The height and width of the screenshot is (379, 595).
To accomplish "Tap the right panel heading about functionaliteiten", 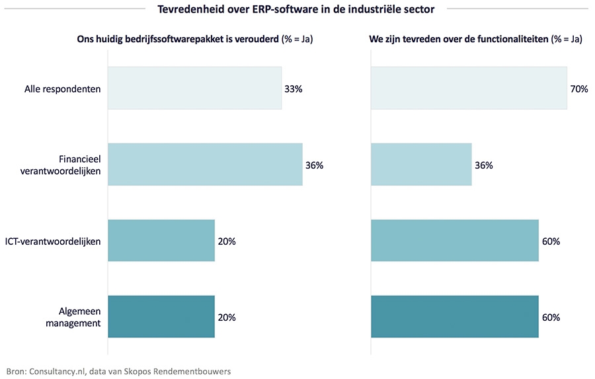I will (x=475, y=39).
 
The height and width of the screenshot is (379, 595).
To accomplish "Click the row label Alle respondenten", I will (x=62, y=89).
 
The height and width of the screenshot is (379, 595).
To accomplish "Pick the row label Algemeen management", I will (x=74, y=317).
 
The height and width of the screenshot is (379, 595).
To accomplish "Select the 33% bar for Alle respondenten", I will (x=194, y=89).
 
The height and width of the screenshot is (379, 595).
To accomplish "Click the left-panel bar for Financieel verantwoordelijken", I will (x=205, y=165).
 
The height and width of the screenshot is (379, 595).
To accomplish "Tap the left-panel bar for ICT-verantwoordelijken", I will (x=161, y=241).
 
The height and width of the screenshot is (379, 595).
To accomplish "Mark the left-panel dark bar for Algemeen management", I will (x=161, y=317).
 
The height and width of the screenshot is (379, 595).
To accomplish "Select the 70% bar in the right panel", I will (x=469, y=89).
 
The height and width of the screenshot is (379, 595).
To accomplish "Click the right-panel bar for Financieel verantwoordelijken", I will (x=421, y=165).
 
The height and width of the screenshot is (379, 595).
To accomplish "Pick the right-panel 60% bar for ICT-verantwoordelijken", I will (x=455, y=241).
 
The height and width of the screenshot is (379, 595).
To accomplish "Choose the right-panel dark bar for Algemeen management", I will (x=455, y=317).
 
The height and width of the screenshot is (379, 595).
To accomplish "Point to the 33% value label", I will (x=293, y=89).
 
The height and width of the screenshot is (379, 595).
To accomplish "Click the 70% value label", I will (x=579, y=89).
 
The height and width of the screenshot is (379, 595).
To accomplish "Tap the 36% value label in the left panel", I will (x=314, y=165).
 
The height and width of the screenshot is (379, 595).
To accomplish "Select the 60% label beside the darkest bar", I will (x=551, y=317).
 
